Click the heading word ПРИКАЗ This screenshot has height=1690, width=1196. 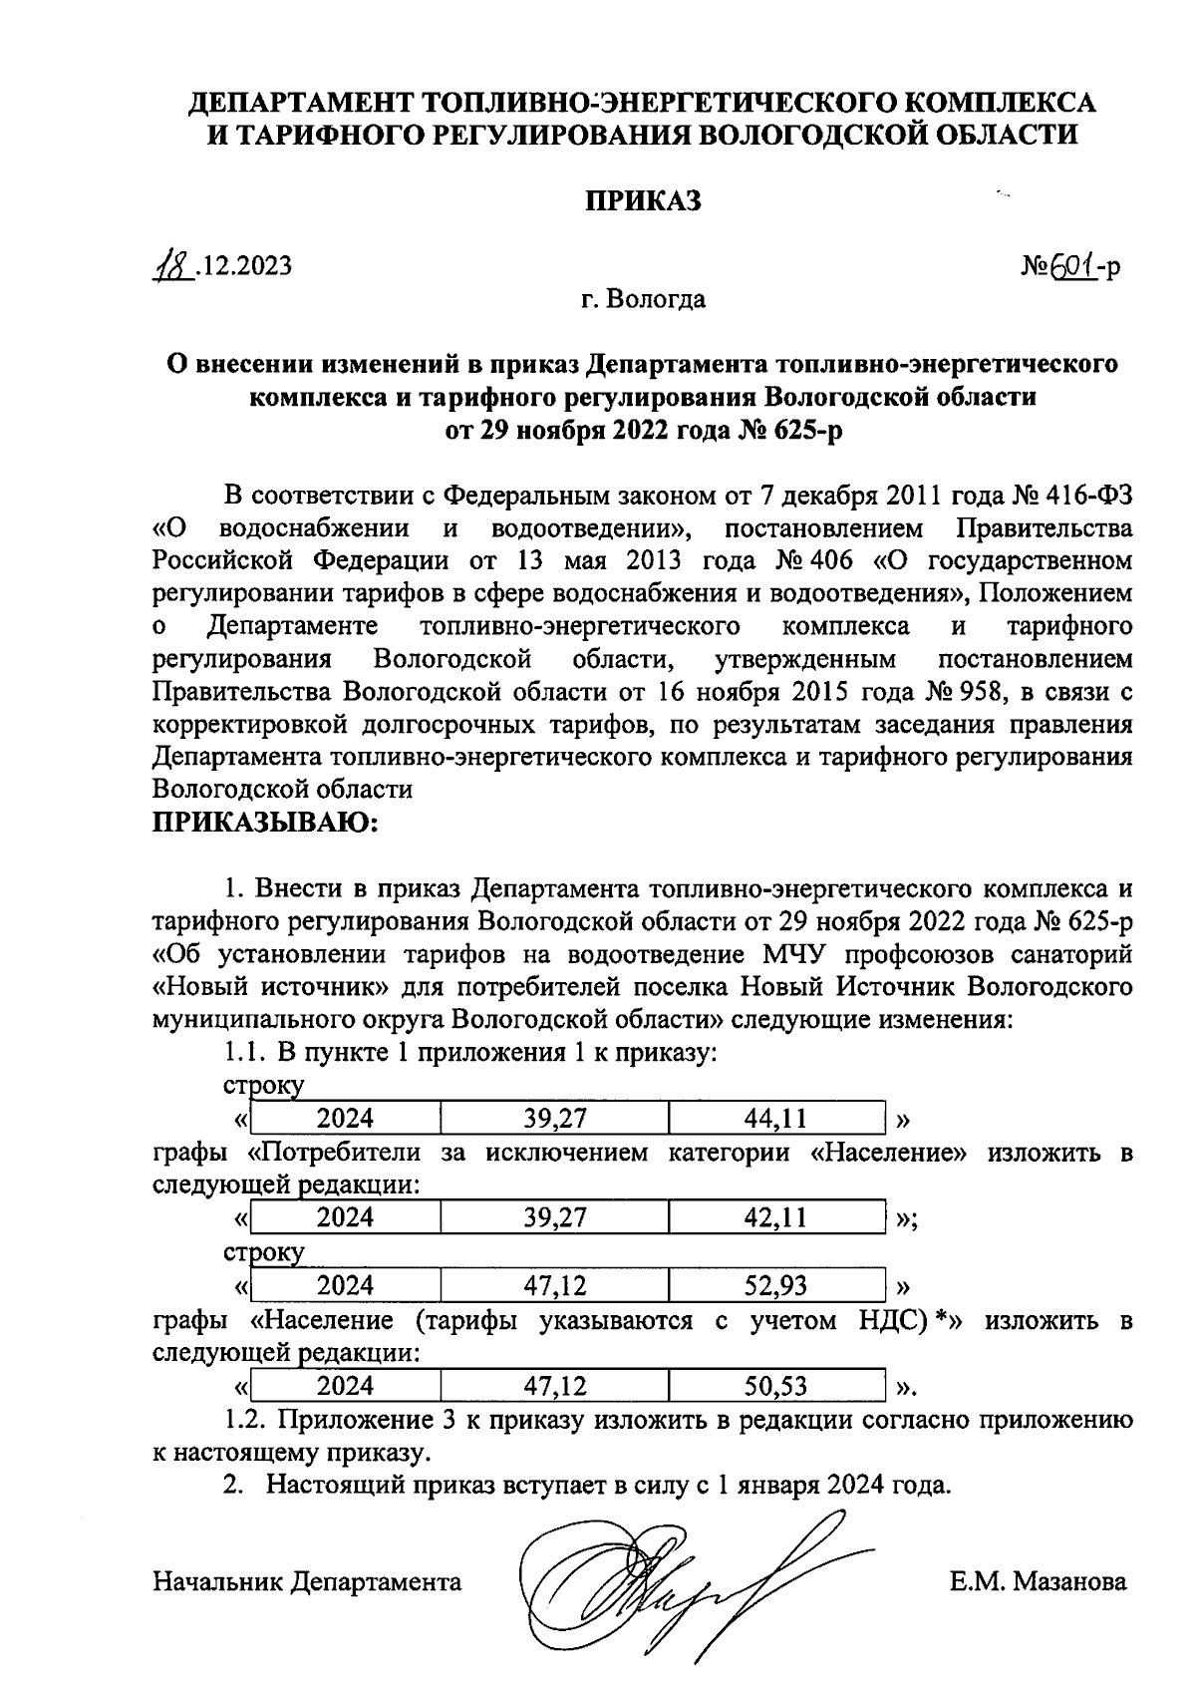click(x=642, y=200)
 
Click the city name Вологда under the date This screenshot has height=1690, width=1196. click(x=658, y=299)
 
